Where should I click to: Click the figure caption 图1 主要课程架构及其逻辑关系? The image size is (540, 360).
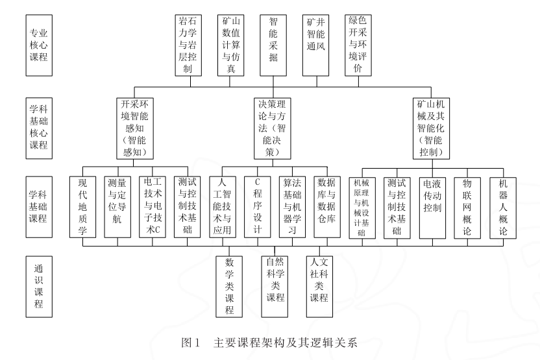270,340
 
